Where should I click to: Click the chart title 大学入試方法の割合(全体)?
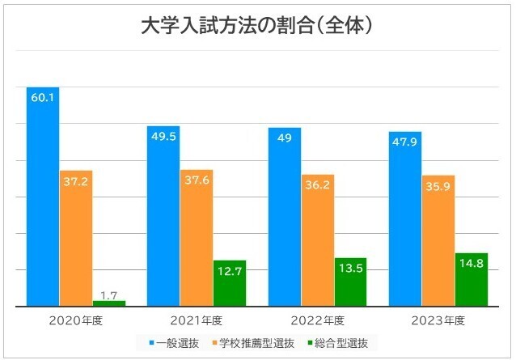click(x=257, y=26)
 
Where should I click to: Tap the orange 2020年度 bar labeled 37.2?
click(x=75, y=238)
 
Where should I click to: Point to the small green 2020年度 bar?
click(x=108, y=303)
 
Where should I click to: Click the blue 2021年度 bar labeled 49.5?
click(x=163, y=216)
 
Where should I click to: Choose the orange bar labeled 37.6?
click(x=197, y=238)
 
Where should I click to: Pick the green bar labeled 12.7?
click(x=229, y=283)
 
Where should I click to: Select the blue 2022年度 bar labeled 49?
click(x=285, y=217)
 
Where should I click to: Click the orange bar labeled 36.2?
click(x=317, y=240)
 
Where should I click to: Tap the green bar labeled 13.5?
click(x=350, y=282)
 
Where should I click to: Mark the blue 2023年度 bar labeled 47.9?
click(x=405, y=218)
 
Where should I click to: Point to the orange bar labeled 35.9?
click(x=438, y=240)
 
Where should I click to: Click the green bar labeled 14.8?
click(x=472, y=279)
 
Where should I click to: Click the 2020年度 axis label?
click(x=76, y=320)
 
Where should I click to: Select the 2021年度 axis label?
click(x=197, y=320)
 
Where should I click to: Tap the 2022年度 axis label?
click(x=317, y=320)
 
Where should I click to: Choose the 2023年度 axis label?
click(x=438, y=320)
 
